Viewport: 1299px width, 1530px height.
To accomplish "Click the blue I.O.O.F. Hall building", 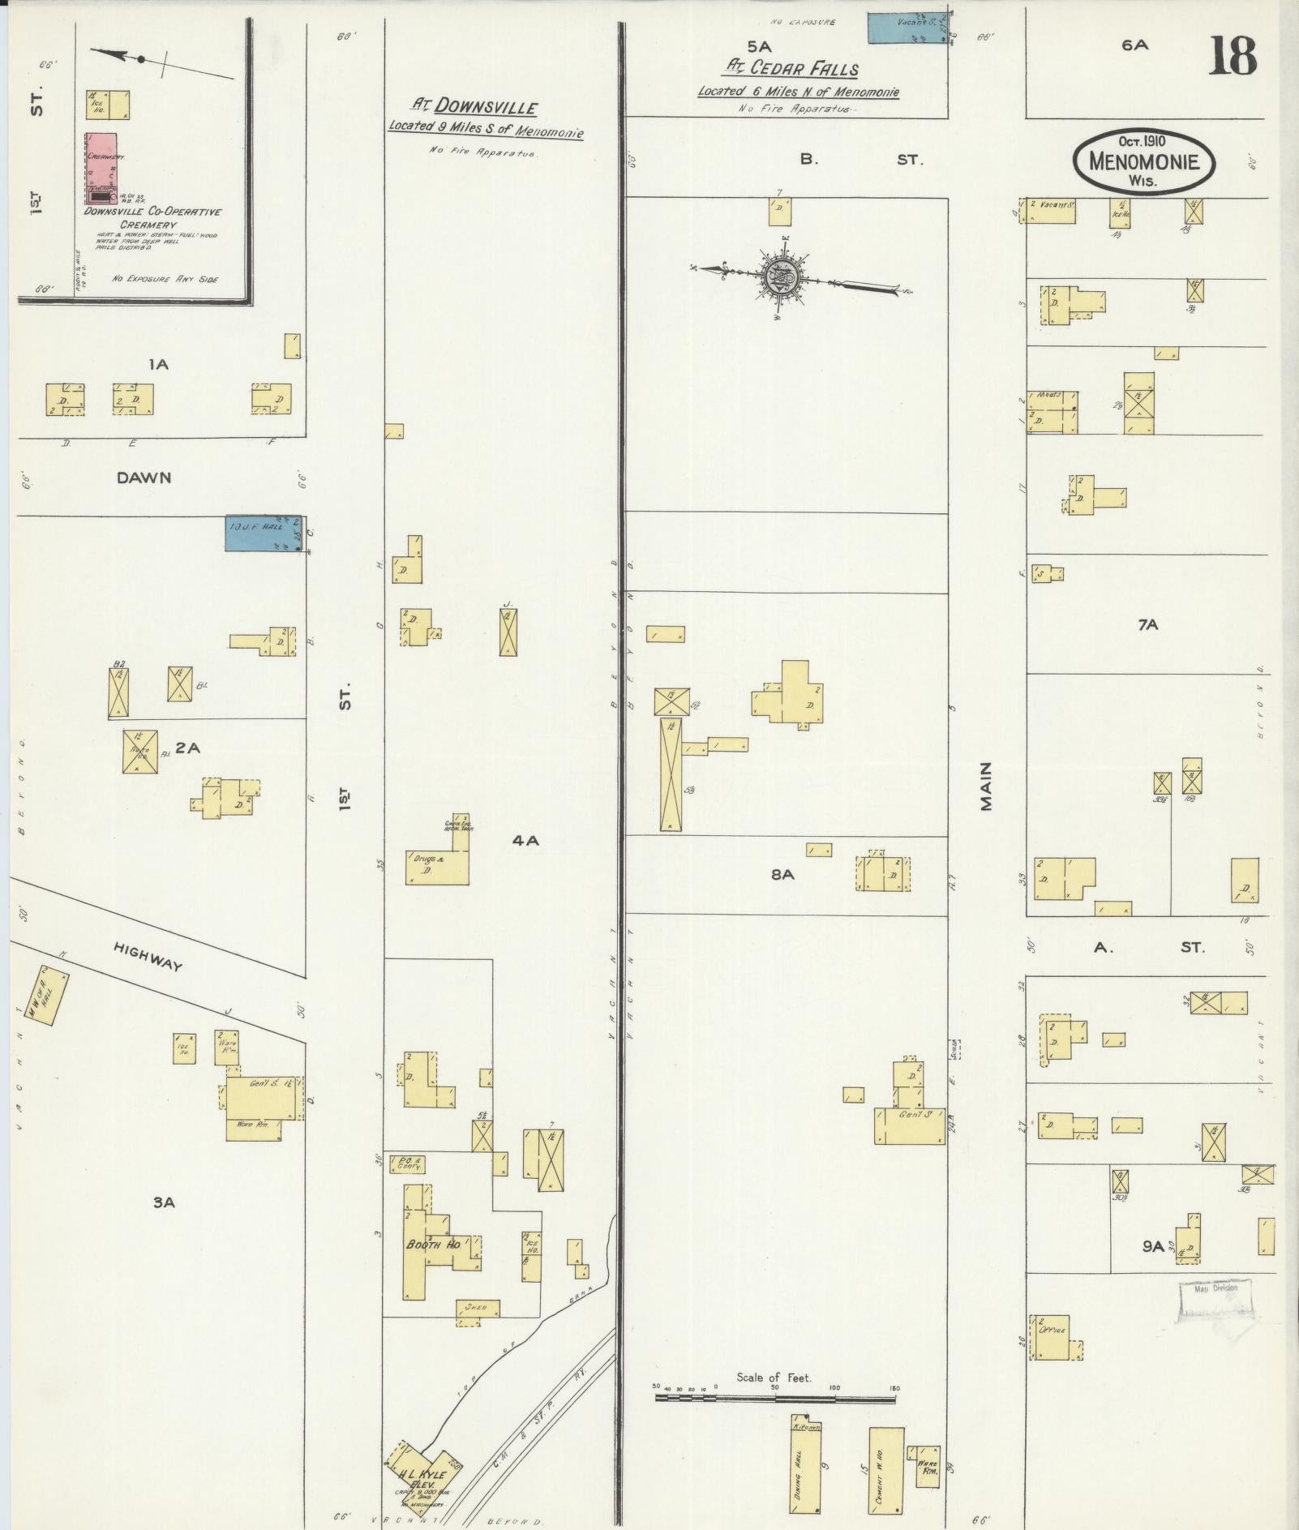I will tap(264, 534).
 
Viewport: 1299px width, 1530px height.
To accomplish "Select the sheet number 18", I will tap(1232, 57).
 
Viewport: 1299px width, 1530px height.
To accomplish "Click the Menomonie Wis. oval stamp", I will tap(1145, 161).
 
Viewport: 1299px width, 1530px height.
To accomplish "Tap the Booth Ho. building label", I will tap(434, 1244).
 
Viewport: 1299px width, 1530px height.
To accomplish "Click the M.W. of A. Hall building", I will tap(48, 995).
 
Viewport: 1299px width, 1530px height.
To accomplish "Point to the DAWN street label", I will tap(144, 478).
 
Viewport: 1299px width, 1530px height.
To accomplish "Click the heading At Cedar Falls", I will tap(792, 69).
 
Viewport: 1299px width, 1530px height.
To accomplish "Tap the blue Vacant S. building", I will tap(908, 27).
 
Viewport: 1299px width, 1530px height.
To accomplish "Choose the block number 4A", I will tap(525, 841).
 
